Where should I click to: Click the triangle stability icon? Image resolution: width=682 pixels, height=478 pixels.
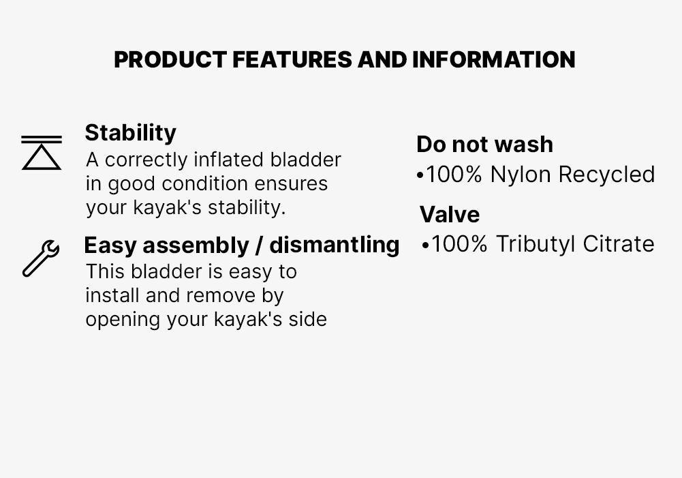coord(41,153)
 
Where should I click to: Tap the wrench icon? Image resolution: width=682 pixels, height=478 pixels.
coord(41,258)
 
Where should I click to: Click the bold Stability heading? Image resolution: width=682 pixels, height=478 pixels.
coord(130,132)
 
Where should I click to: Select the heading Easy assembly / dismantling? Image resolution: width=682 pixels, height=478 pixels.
coord(241,244)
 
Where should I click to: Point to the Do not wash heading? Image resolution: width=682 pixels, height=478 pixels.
coord(484,145)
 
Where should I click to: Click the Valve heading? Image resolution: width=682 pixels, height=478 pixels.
coord(450,215)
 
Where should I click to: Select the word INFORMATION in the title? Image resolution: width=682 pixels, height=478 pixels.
coord(493,60)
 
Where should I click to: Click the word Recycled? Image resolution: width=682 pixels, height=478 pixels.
coord(606,175)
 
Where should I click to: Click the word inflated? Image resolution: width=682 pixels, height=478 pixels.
coord(229,160)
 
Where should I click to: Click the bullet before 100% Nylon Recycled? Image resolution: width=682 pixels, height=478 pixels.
coord(420,176)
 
